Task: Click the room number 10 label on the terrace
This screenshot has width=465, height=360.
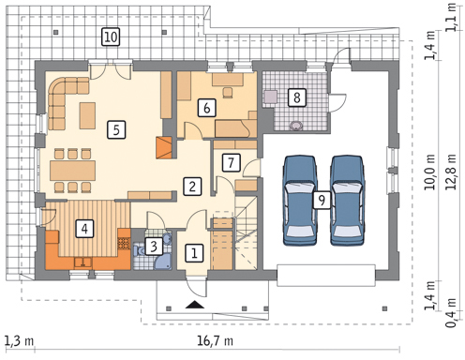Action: point(111,37)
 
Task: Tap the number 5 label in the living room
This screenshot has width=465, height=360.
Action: point(116,129)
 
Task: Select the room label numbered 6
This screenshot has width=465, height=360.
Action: point(206,108)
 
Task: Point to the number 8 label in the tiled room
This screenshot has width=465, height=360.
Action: point(296,97)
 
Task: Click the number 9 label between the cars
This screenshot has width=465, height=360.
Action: point(322,200)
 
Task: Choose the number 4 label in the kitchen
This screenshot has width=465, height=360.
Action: point(84,229)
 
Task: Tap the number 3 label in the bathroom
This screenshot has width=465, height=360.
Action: point(154,247)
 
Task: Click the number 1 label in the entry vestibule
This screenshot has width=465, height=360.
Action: point(194,252)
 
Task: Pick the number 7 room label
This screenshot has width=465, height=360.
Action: point(231,162)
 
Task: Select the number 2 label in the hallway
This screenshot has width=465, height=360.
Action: point(192,187)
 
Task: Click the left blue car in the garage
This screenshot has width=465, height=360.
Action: point(300,200)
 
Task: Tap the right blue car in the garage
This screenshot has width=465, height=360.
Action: point(348,200)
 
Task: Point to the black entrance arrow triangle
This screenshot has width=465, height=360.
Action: point(195,305)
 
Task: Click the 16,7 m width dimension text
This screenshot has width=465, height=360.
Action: point(216,340)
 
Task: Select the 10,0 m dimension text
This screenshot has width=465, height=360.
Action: point(430,172)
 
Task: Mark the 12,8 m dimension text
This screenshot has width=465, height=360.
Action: point(451,172)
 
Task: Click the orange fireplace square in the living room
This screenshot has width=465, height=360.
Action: point(164,147)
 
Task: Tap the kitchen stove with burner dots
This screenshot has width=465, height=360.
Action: point(124,244)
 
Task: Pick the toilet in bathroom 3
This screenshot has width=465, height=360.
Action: point(139,250)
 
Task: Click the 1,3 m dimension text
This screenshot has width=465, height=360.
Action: point(20,341)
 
